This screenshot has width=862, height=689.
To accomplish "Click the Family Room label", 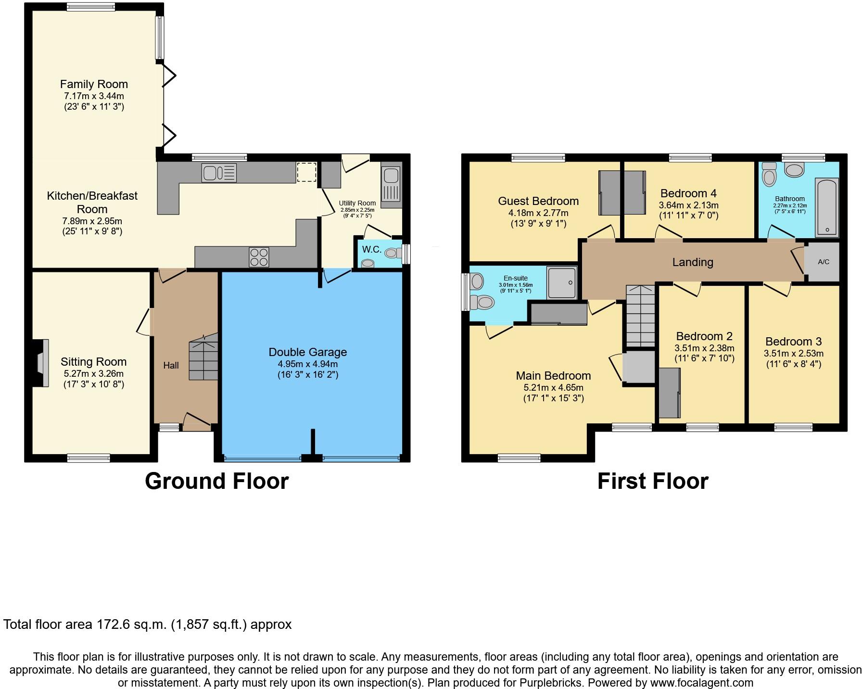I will (x=94, y=84).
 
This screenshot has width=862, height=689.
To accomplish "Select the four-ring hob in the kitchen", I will (x=259, y=256).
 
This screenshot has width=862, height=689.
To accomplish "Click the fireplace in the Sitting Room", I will (x=42, y=363).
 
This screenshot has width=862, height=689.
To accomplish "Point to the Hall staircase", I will (x=203, y=358).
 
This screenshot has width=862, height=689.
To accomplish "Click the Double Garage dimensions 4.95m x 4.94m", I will (x=308, y=364).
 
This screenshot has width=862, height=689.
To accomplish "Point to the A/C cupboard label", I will (x=824, y=262).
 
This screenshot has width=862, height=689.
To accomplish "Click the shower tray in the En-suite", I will (x=561, y=283).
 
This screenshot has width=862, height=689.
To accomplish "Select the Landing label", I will (x=692, y=262).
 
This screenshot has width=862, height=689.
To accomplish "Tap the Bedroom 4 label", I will (x=688, y=193).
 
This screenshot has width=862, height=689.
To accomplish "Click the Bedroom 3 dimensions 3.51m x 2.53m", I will (x=793, y=354).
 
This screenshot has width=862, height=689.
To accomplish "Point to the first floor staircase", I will (x=640, y=315).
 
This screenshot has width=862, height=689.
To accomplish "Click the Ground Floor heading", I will (x=216, y=481).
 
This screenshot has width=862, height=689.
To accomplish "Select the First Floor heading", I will (x=653, y=481).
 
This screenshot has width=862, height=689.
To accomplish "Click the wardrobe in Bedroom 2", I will (x=670, y=393).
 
